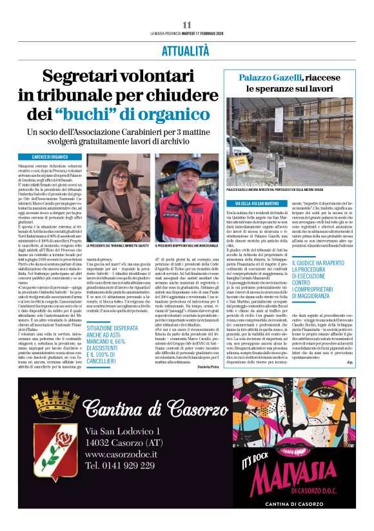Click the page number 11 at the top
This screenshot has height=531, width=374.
click(x=186, y=25)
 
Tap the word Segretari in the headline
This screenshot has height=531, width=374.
click(x=84, y=77)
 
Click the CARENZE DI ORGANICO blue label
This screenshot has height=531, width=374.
click(x=50, y=157)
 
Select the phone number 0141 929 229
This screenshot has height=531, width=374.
click(x=120, y=465)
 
